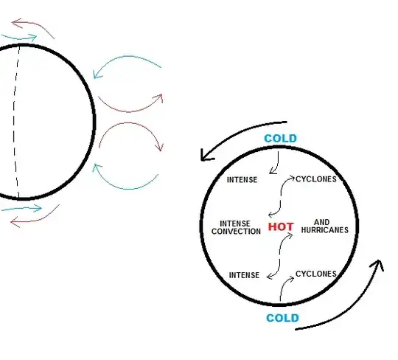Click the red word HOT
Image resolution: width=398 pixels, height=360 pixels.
(x=281, y=226)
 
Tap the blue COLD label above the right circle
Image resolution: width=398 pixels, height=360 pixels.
(x=281, y=139)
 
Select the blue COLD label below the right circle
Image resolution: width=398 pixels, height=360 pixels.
(x=282, y=318)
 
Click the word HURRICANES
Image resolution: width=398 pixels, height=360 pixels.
(x=324, y=230)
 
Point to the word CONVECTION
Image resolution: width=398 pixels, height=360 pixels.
(x=236, y=232)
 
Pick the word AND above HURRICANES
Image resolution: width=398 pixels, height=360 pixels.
(x=322, y=222)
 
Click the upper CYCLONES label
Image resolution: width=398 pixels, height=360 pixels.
(x=316, y=179)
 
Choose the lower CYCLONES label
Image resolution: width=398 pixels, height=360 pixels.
(x=316, y=274)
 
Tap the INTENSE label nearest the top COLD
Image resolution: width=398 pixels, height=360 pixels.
(x=242, y=180)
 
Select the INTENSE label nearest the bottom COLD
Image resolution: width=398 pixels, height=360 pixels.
(x=244, y=275)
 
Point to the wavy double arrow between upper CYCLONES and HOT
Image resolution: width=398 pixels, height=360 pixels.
(x=281, y=196)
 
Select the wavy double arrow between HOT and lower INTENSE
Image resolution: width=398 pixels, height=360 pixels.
(x=280, y=256)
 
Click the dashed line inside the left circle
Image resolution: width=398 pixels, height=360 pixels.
(x=15, y=122)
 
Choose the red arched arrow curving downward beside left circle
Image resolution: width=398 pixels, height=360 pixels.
(x=130, y=123)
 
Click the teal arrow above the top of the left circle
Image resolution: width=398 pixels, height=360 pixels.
(x=19, y=38)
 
